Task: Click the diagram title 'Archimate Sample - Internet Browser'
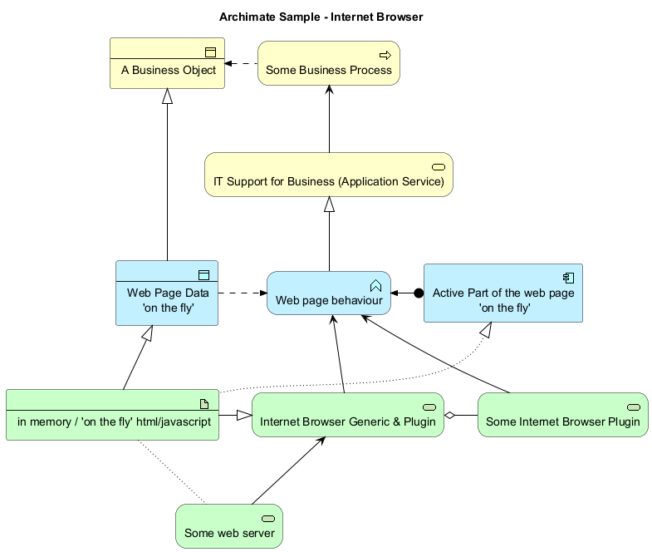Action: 321,17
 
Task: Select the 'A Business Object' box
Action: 167,63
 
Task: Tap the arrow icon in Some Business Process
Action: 385,55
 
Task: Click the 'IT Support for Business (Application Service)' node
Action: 329,175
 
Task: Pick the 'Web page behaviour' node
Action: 329,293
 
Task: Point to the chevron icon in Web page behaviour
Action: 375,286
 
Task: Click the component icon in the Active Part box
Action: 568,278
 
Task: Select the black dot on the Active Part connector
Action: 419,293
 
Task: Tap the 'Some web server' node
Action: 229,526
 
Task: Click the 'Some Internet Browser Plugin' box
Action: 563,415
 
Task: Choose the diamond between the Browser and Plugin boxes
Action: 449,415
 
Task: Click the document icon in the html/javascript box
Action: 204,404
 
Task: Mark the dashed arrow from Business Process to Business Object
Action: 241,64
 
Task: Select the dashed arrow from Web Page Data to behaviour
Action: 243,293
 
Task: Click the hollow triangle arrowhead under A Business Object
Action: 167,96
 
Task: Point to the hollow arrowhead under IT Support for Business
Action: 330,205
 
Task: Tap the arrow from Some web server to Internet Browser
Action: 288,471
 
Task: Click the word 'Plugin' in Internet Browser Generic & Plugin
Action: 419,421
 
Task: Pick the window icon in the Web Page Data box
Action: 203,274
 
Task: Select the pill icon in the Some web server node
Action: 268,518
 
